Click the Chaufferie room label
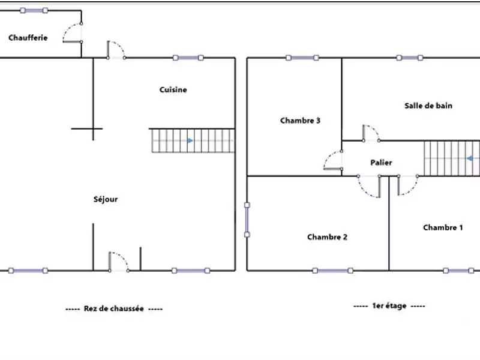pos(28,38)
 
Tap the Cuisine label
pos(173,90)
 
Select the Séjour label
pos(106,199)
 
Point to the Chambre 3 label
pos(300,121)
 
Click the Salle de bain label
pos(428,106)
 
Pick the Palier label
pos(382,163)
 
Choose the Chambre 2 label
pos(327,237)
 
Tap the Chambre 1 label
pos(443,227)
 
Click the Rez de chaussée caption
pos(114,308)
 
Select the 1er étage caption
pos(389,306)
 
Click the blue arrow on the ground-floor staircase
pos(190,141)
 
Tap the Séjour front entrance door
pos(118,262)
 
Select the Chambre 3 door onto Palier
pos(332,161)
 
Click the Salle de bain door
pos(370,133)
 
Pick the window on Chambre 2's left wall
pos(247,219)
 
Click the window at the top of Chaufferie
pos(34,11)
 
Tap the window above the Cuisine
pos(188,58)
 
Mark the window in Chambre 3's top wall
pos(302,58)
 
